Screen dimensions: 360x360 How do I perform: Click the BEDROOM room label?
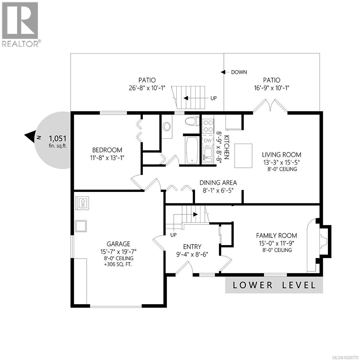[x=107, y=150]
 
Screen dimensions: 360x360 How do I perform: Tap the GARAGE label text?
[x=118, y=244]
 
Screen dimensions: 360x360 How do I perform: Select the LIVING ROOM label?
[x=281, y=155]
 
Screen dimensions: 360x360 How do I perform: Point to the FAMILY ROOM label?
[x=276, y=235]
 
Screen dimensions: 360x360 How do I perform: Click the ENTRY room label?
[x=192, y=247]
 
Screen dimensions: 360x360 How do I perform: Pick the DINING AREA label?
[x=218, y=183]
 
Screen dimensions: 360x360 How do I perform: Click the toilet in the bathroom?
[x=192, y=122]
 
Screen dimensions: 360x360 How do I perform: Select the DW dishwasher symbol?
[x=207, y=141]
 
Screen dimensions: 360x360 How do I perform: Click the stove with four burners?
[x=207, y=126]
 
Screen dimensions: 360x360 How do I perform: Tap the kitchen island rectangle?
[x=243, y=156]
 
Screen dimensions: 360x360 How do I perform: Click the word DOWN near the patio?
[x=239, y=72]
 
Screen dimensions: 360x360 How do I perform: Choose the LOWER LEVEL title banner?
[x=274, y=285]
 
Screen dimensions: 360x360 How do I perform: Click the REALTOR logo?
[x=20, y=24]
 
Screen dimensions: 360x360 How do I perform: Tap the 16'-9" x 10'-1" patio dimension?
[x=271, y=88]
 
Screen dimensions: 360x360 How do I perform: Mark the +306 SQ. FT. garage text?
[x=118, y=265]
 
